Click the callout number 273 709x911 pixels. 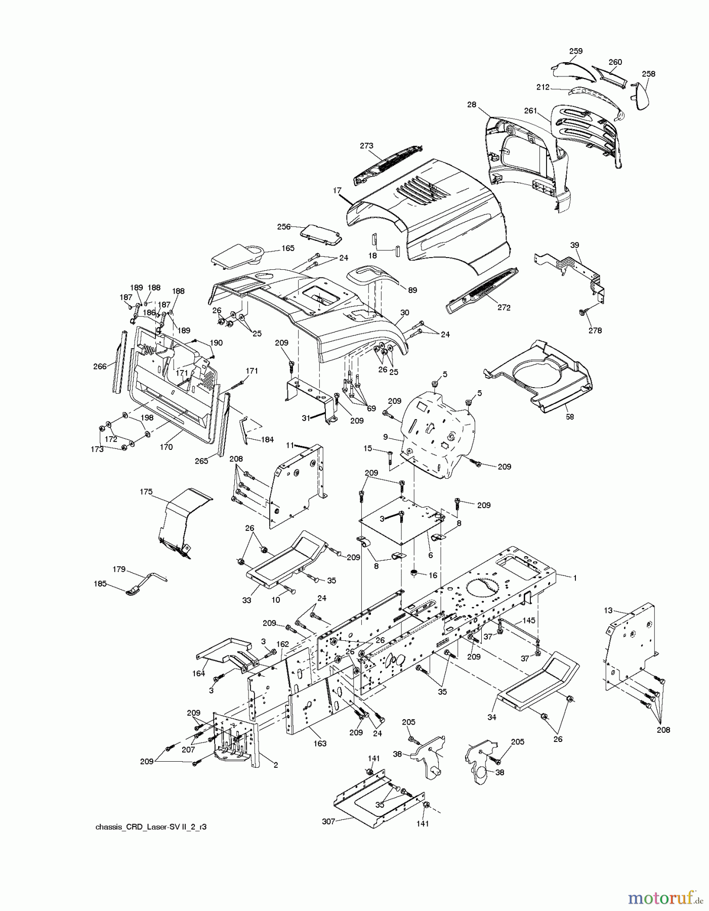point(367,146)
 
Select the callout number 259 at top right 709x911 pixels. point(575,51)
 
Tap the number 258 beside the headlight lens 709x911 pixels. point(648,73)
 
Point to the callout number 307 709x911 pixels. point(328,821)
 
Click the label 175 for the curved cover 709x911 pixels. point(146,491)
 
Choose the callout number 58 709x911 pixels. point(570,417)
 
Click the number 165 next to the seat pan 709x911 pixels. point(288,248)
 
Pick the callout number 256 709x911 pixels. point(284,226)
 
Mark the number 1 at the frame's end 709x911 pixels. point(574,577)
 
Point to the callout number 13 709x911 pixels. point(608,610)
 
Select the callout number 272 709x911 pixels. point(504,307)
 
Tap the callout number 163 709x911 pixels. point(320,743)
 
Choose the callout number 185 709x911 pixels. point(100,584)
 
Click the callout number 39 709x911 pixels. point(574,244)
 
